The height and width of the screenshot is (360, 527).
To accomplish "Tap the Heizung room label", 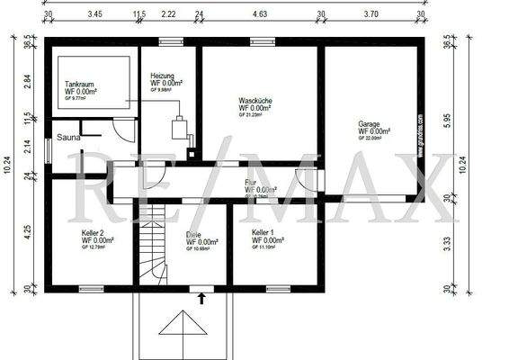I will pos(164,77).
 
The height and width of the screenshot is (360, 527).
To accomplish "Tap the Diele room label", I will pos(193,235).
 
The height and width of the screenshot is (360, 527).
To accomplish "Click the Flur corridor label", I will pos(251,183).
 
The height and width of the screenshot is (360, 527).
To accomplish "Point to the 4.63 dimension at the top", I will pos(261,15).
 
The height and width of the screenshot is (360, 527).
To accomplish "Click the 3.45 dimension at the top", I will pos(94,15).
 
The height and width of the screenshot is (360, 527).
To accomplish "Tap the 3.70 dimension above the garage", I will pos(371,15).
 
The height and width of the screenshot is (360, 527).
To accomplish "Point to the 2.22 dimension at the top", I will pos(168,15).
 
